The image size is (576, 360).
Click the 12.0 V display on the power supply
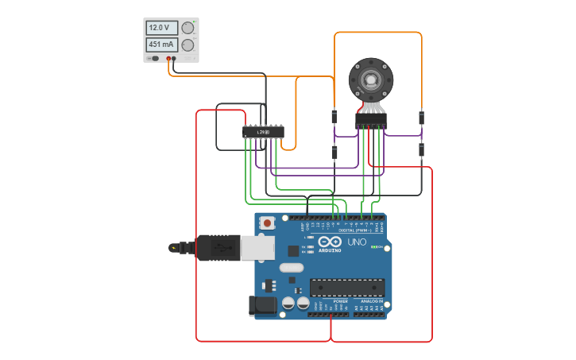click(x=161, y=28)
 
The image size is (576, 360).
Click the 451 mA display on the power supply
click(x=161, y=45)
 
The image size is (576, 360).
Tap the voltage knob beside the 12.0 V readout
click(x=187, y=28)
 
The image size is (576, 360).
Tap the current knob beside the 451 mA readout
click(x=187, y=45)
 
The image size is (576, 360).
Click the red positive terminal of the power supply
click(x=169, y=59)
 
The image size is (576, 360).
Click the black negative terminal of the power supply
click(x=175, y=59)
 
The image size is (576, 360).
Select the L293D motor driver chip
click(x=263, y=132)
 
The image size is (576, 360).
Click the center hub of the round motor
click(x=371, y=79)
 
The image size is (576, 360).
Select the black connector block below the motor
click(x=371, y=121)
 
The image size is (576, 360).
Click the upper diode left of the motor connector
click(x=334, y=117)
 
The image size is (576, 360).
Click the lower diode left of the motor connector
click(x=334, y=152)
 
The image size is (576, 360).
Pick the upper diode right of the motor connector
click(x=421, y=118)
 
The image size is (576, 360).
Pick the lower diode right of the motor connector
click(x=421, y=150)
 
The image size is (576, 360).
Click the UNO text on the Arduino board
click(x=357, y=241)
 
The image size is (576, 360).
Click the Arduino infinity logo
click(x=329, y=241)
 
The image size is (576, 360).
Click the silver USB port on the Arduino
click(x=254, y=248)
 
